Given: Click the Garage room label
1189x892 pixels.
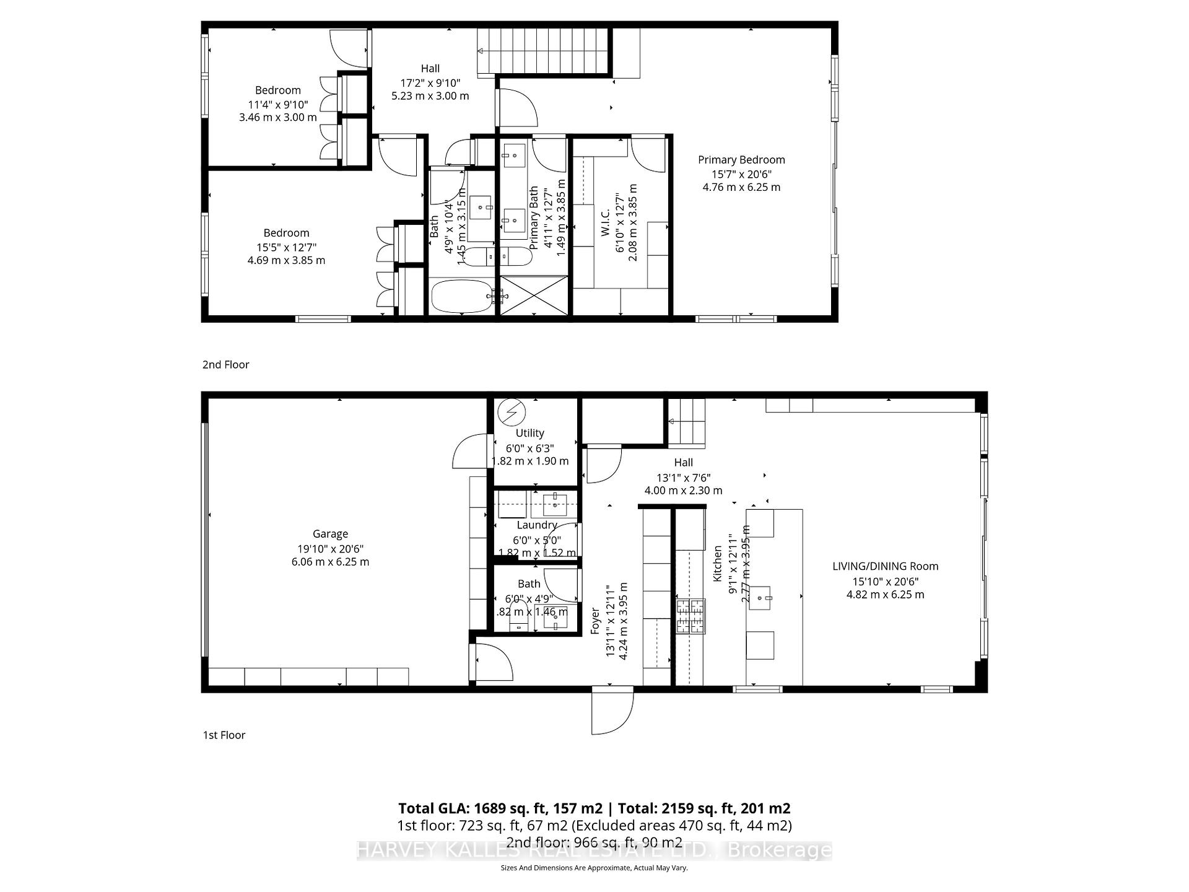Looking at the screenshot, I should click(x=330, y=534).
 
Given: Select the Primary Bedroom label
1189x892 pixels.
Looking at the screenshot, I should click(x=741, y=160).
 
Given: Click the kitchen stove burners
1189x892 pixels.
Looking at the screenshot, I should click(x=690, y=616).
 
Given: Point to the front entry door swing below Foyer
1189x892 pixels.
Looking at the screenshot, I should click(x=612, y=712).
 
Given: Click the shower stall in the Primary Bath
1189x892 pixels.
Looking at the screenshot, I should click(x=534, y=296).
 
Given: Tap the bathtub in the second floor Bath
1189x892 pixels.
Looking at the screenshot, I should click(x=461, y=297).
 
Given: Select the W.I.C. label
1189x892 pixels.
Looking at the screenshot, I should click(x=606, y=222).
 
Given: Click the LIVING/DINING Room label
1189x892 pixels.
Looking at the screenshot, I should click(x=885, y=566).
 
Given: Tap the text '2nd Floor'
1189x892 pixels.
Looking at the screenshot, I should click(x=225, y=365).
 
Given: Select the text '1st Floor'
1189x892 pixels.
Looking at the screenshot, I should click(x=224, y=735).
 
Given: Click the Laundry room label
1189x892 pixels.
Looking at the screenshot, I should click(x=537, y=525).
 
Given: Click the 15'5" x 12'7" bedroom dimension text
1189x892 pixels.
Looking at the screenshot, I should click(x=286, y=247).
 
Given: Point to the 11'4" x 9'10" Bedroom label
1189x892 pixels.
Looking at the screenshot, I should click(x=277, y=90).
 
